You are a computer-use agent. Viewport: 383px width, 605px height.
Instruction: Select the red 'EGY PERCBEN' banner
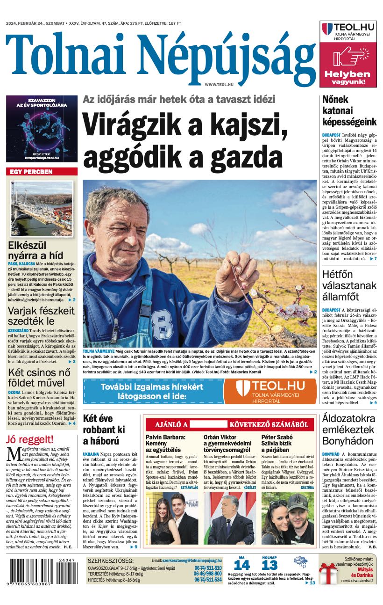click(42, 172)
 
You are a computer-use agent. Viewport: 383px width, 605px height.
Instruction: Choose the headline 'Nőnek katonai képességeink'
click(349, 110)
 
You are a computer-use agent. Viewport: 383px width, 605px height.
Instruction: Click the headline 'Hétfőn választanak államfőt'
click(349, 285)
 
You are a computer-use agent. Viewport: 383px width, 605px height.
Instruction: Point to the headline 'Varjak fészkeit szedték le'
click(41, 316)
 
